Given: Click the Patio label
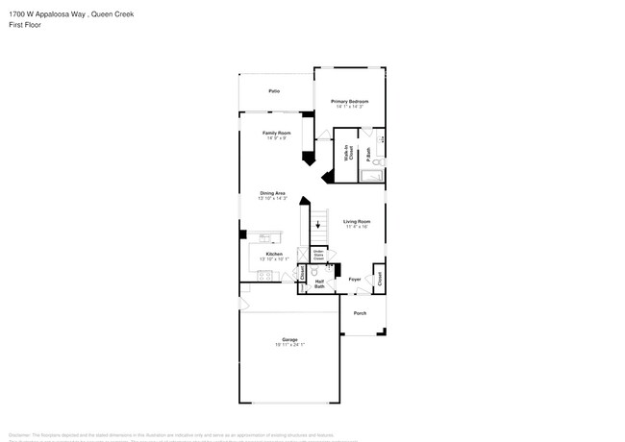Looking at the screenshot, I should click(274, 90).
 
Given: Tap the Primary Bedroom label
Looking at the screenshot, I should click(350, 101).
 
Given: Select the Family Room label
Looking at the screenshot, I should click(277, 133).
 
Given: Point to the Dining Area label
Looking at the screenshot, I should click(273, 193).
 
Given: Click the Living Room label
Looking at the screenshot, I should click(357, 222).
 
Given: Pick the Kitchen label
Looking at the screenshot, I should click(274, 254).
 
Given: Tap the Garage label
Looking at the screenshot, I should click(289, 338).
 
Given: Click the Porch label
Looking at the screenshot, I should click(360, 313).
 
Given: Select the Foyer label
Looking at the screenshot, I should click(355, 280).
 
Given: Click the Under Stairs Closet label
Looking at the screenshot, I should click(318, 257).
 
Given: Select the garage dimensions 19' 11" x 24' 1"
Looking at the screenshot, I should click(289, 344).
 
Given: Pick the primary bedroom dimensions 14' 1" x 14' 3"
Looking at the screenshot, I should click(350, 107).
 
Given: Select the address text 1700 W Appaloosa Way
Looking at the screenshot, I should click(48, 13).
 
